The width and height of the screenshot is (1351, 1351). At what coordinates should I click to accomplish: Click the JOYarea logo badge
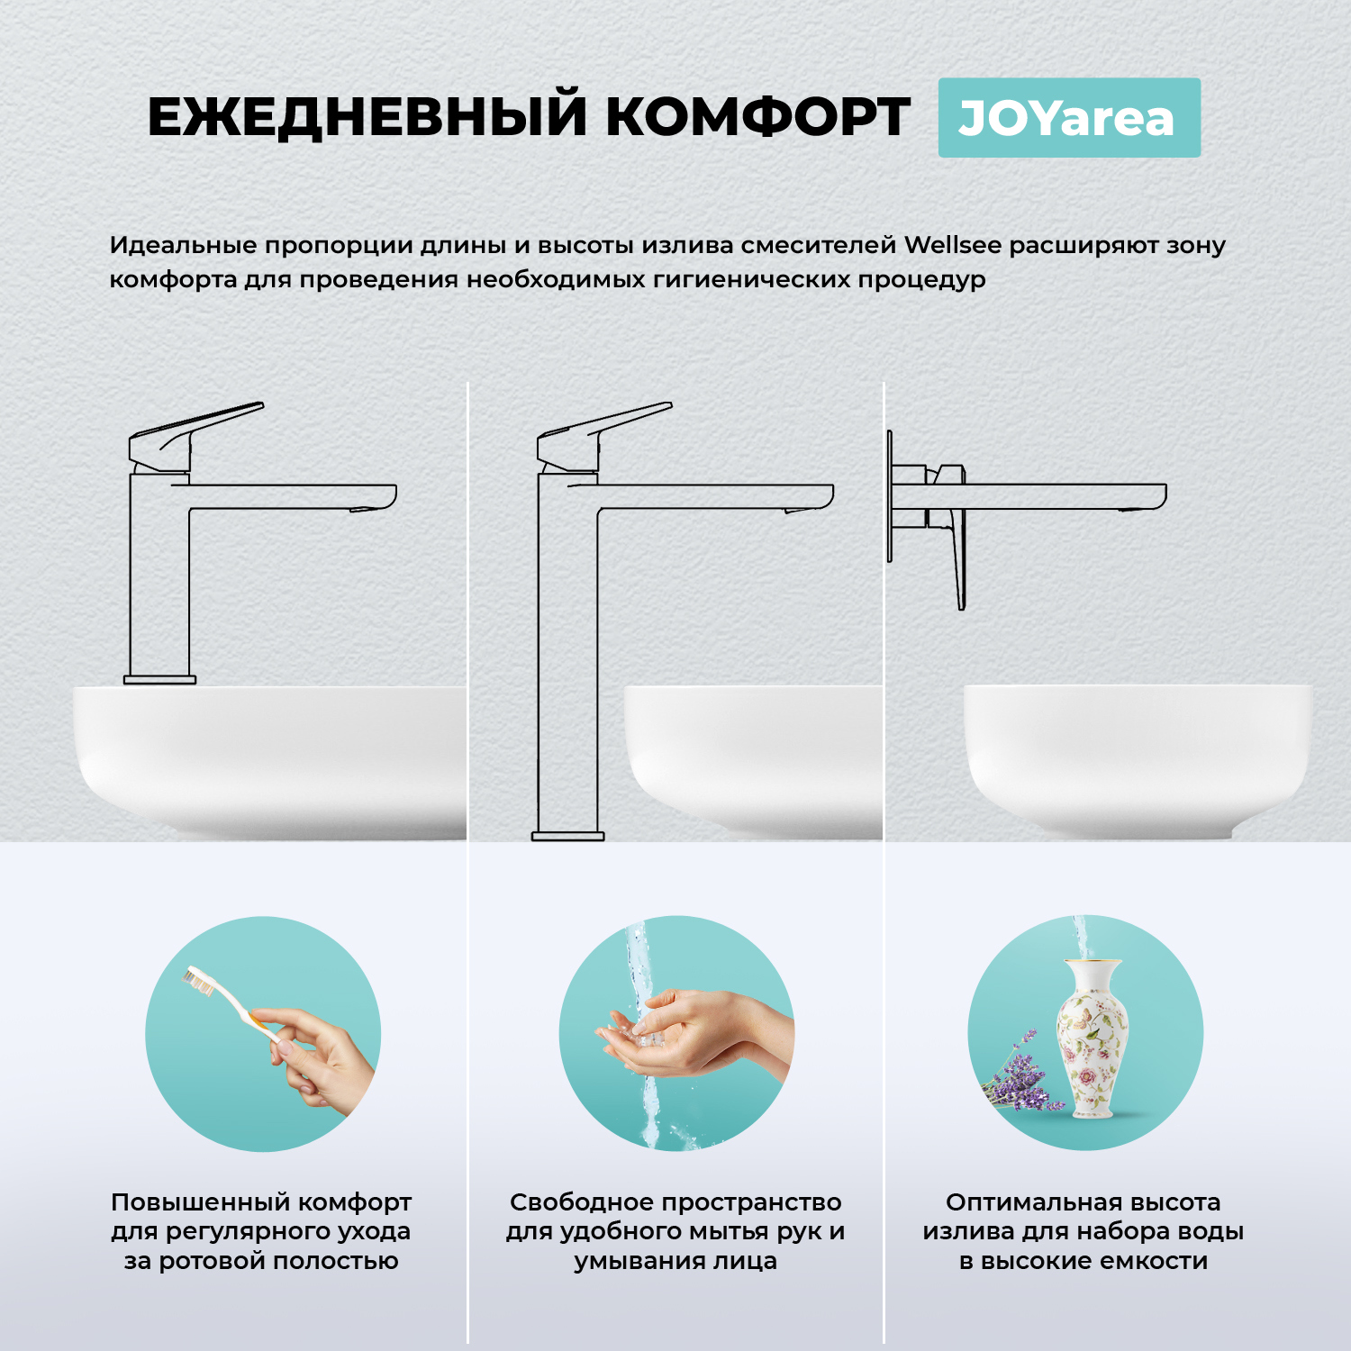click(x=1069, y=118)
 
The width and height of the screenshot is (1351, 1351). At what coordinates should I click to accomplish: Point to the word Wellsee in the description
click(x=952, y=245)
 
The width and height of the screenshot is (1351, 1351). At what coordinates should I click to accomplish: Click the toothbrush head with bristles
click(x=199, y=981)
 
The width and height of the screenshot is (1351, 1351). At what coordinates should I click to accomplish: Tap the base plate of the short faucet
click(x=159, y=679)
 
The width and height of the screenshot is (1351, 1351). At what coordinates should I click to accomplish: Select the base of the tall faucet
click(x=567, y=836)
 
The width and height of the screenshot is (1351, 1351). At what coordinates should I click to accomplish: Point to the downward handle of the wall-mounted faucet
click(x=957, y=558)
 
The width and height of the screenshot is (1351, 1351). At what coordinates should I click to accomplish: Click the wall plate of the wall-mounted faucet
click(x=890, y=495)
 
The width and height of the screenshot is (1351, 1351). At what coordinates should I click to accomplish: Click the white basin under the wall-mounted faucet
click(x=1137, y=757)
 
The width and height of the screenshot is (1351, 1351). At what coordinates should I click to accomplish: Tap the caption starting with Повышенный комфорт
click(x=261, y=1230)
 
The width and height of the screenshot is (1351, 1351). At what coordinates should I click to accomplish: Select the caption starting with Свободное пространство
click(x=675, y=1230)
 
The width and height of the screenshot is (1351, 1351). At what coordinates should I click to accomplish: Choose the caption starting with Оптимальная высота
click(x=1084, y=1230)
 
